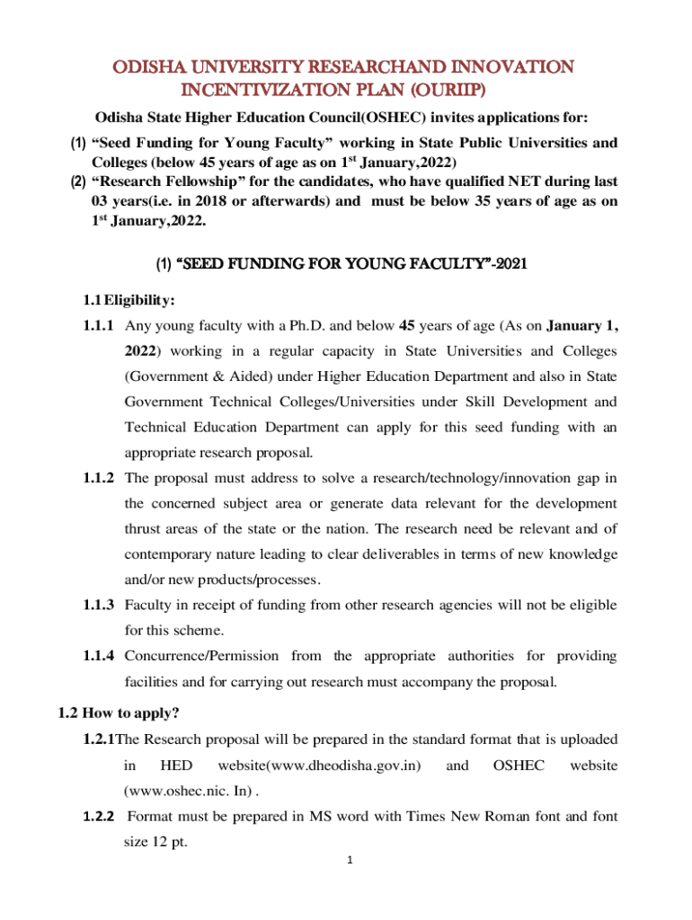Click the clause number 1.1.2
coord(98,478)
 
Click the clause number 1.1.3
coord(98,606)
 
